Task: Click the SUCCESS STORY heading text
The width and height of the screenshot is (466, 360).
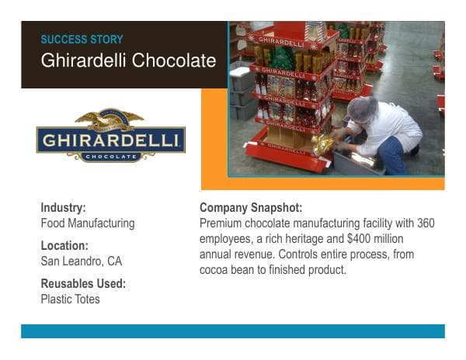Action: pyautogui.click(x=82, y=40)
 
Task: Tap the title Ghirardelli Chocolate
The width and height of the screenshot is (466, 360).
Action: pyautogui.click(x=128, y=61)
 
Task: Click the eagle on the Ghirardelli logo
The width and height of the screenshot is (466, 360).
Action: pyautogui.click(x=110, y=119)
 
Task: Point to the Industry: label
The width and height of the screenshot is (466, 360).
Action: pyautogui.click(x=63, y=208)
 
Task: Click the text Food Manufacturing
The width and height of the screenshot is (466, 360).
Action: pyautogui.click(x=87, y=223)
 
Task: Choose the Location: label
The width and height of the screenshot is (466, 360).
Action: pyautogui.click(x=64, y=246)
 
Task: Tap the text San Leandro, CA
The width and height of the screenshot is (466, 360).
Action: pyautogui.click(x=81, y=261)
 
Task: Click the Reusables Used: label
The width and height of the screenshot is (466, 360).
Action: pyautogui.click(x=83, y=284)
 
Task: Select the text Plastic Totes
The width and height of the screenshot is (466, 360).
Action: pyautogui.click(x=70, y=299)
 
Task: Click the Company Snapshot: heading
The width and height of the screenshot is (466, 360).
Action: pyautogui.click(x=251, y=208)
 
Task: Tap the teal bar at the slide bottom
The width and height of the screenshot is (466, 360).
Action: pyautogui.click(x=233, y=331)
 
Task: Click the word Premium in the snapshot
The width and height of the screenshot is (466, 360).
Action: pyautogui.click(x=222, y=223)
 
